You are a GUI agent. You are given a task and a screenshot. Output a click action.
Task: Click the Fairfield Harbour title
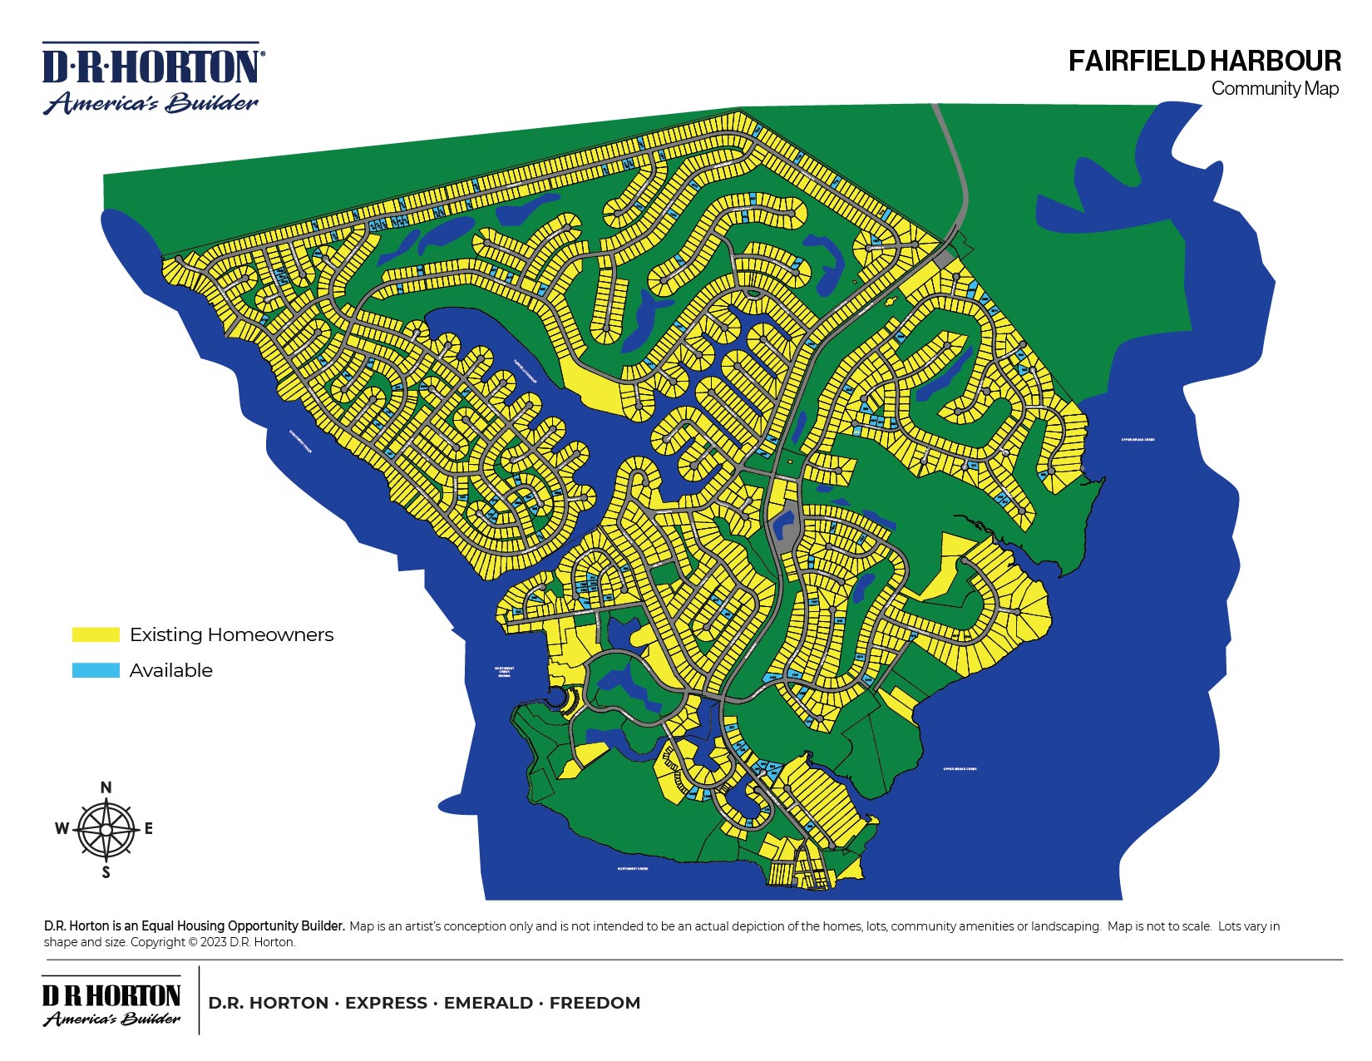tap(1203, 61)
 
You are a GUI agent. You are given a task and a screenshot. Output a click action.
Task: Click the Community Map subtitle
tap(1274, 88)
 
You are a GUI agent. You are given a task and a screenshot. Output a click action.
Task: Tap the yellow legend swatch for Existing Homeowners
tap(96, 634)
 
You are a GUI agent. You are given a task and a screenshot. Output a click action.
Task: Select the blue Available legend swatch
tap(96, 670)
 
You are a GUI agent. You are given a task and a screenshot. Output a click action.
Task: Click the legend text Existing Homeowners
tap(231, 634)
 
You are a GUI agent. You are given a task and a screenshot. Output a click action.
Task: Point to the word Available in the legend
tap(170, 670)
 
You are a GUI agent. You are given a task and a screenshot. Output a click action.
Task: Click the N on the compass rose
tap(106, 787)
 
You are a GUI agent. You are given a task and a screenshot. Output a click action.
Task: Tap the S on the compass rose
tap(106, 872)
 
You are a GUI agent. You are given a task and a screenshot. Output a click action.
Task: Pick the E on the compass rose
tap(149, 828)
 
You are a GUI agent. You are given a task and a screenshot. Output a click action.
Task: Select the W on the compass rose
tap(62, 828)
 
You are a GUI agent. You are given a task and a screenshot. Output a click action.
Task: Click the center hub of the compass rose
tap(106, 830)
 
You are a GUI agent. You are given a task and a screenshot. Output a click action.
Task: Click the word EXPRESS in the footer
tap(386, 1003)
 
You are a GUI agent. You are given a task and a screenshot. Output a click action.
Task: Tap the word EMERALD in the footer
tap(488, 1003)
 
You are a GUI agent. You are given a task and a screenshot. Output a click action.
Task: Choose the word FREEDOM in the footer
tap(595, 1003)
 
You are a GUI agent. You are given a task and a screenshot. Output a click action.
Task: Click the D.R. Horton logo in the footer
tap(111, 1004)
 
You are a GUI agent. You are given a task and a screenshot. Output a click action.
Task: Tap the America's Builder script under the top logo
tap(151, 103)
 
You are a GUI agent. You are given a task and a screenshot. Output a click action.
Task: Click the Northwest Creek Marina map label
tap(504, 672)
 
